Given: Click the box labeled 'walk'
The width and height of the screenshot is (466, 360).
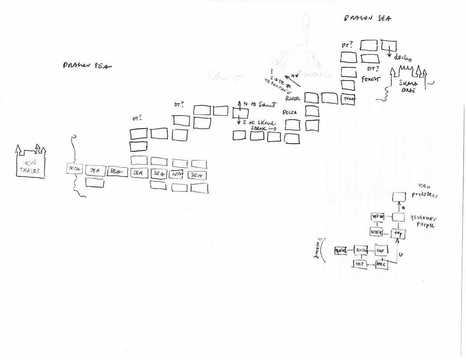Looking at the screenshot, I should click(376, 232).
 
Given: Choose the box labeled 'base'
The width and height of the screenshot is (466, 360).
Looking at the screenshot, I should click(381, 264).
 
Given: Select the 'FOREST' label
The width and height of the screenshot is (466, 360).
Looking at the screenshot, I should click(371, 79).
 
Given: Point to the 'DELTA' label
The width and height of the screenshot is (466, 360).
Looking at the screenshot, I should click(290, 112).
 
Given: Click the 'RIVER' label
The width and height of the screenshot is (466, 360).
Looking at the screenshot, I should click(292, 99).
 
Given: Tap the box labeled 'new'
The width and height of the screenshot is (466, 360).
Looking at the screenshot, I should click(377, 216).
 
